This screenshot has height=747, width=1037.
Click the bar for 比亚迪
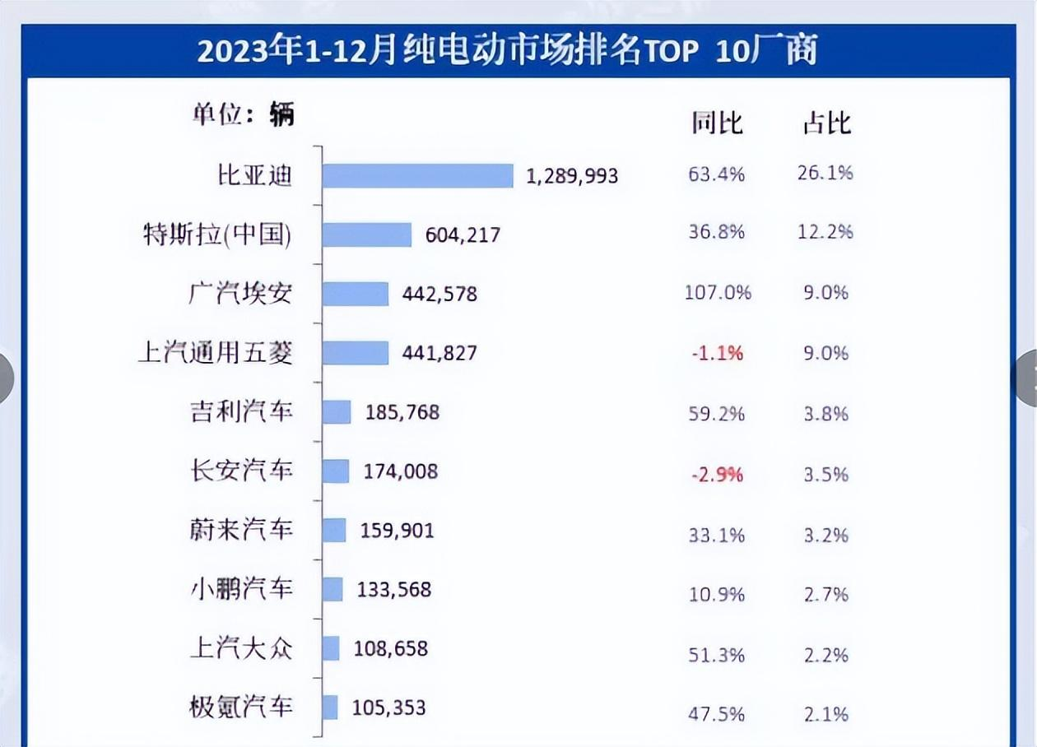pos(417,175)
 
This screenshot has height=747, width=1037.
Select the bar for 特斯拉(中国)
pos(367,234)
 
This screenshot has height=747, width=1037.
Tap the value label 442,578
pos(439,294)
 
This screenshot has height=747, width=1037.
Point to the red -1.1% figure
pos(716,353)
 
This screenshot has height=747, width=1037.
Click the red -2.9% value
pos(716,475)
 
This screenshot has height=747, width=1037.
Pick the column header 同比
pos(716,123)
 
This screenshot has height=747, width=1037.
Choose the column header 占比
pos(826,123)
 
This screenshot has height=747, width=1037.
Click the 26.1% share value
pos(825,173)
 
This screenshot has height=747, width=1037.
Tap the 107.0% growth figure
pos(718,292)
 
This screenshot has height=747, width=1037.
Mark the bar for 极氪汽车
pos(330,708)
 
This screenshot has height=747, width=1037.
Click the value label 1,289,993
pos(572,175)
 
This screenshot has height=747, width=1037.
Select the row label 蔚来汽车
pos(241,529)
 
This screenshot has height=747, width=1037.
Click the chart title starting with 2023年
pos(506,51)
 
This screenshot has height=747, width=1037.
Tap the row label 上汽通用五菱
pos(216,353)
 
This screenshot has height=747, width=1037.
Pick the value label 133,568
pos(394,589)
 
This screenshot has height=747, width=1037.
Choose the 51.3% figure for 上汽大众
pos(716,655)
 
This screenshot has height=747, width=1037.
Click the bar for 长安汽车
pos(336,471)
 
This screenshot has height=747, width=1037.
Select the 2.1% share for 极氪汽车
pos(825,714)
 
